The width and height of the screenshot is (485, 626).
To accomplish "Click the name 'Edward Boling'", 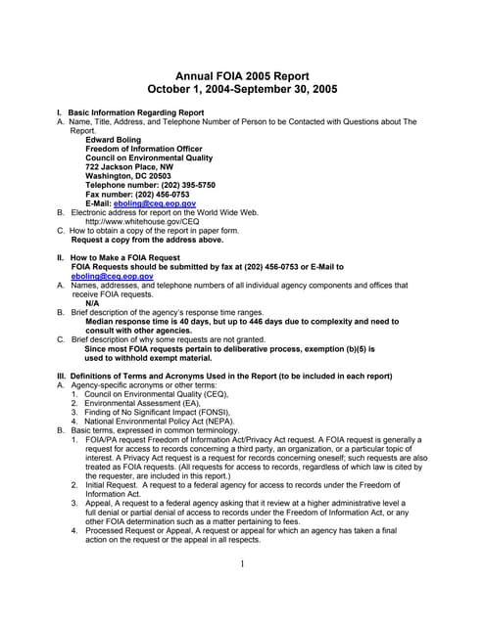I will pyautogui.click(x=114, y=140).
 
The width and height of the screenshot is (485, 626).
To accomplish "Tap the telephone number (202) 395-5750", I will pyautogui.click(x=182, y=185).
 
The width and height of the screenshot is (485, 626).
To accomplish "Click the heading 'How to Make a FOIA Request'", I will pyautogui.click(x=124, y=257).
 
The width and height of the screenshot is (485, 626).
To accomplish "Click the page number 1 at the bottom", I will pyautogui.click(x=242, y=564).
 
